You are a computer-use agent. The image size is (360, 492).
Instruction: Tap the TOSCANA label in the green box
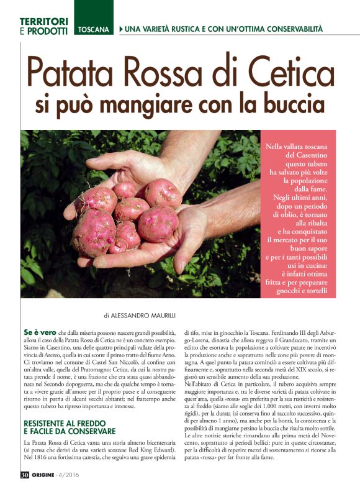(93, 30)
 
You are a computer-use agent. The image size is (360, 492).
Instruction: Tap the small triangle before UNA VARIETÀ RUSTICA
(120, 29)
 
